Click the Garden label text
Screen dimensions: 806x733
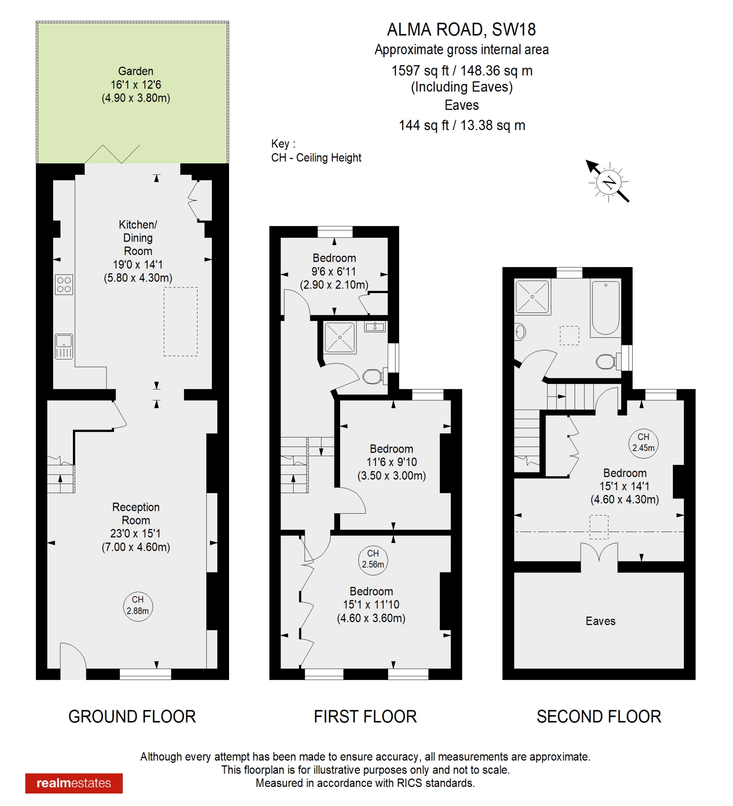click(x=136, y=71)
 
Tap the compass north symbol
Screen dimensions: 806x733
click(x=609, y=182)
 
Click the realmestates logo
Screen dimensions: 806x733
click(x=74, y=783)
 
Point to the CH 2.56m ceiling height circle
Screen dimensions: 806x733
click(x=373, y=559)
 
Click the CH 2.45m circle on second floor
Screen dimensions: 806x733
click(x=643, y=442)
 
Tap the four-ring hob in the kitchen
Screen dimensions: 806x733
click(x=64, y=285)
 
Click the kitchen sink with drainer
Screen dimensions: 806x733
click(x=64, y=346)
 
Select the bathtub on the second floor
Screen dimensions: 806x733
click(x=605, y=308)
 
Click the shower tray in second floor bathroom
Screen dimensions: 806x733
click(x=532, y=297)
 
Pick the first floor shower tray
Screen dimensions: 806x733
click(x=339, y=337)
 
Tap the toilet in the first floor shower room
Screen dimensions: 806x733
click(x=373, y=376)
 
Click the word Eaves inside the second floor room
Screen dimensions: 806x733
click(x=600, y=621)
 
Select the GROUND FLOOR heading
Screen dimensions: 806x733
click(x=132, y=716)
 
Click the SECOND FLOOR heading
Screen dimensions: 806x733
click(x=599, y=716)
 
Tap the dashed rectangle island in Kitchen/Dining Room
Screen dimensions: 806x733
click(x=180, y=321)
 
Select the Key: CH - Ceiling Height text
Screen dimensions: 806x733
click(x=316, y=151)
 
